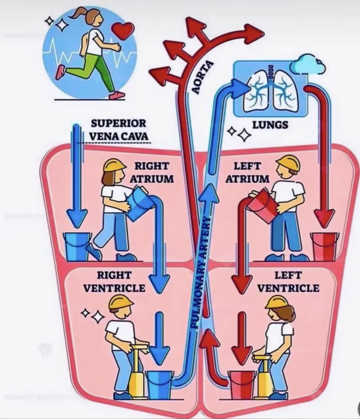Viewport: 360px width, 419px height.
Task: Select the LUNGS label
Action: coord(270,124)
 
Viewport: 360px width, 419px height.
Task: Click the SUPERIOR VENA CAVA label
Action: coord(118,129)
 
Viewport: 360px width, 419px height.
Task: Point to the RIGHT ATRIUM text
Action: coord(152,172)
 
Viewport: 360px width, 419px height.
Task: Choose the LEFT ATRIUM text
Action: coord(247,172)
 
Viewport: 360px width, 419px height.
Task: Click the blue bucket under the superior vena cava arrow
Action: coord(77,246)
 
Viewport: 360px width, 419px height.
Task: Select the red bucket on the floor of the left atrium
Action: coord(324,246)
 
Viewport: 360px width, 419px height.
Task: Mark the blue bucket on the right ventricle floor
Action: coord(159,384)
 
